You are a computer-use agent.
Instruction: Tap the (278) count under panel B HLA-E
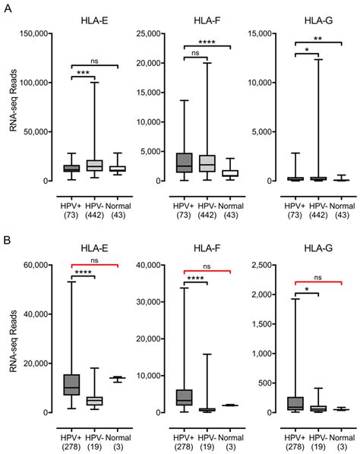coord(71,439)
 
